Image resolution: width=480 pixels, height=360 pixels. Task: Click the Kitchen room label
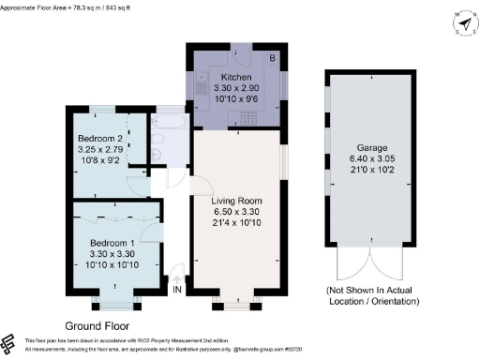[235, 75]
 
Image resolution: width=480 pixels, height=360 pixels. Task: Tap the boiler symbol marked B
[273, 58]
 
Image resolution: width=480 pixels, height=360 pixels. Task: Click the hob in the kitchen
[250, 116]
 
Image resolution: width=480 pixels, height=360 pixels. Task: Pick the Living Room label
[236, 202]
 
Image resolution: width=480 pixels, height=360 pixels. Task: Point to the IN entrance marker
[176, 290]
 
